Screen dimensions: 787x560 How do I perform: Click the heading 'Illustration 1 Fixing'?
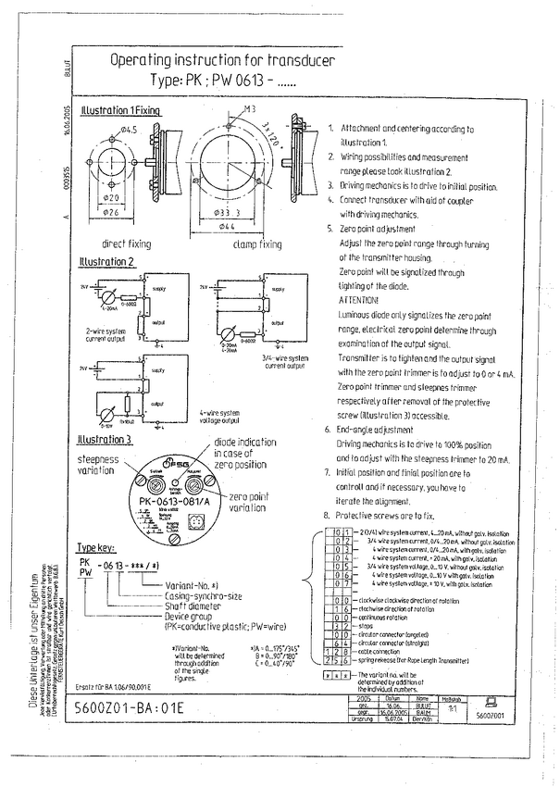coord(121,110)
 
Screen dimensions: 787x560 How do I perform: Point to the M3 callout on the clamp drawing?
coord(249,110)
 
